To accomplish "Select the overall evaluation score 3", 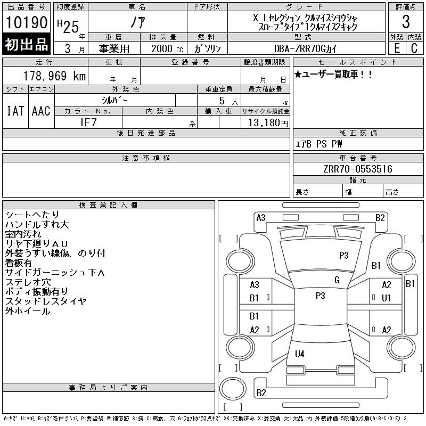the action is (406, 22).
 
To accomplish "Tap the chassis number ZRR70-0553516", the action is (357, 169).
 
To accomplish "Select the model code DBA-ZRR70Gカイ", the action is (306, 48).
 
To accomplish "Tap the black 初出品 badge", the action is (27, 45).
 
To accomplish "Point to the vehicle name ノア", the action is (137, 22).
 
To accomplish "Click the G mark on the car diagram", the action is (337, 280).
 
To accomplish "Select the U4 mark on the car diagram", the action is (299, 354).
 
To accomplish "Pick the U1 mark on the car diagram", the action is (386, 298).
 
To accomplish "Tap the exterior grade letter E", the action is (397, 48).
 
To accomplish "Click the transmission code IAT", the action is (15, 111).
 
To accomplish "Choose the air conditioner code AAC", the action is (40, 111).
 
